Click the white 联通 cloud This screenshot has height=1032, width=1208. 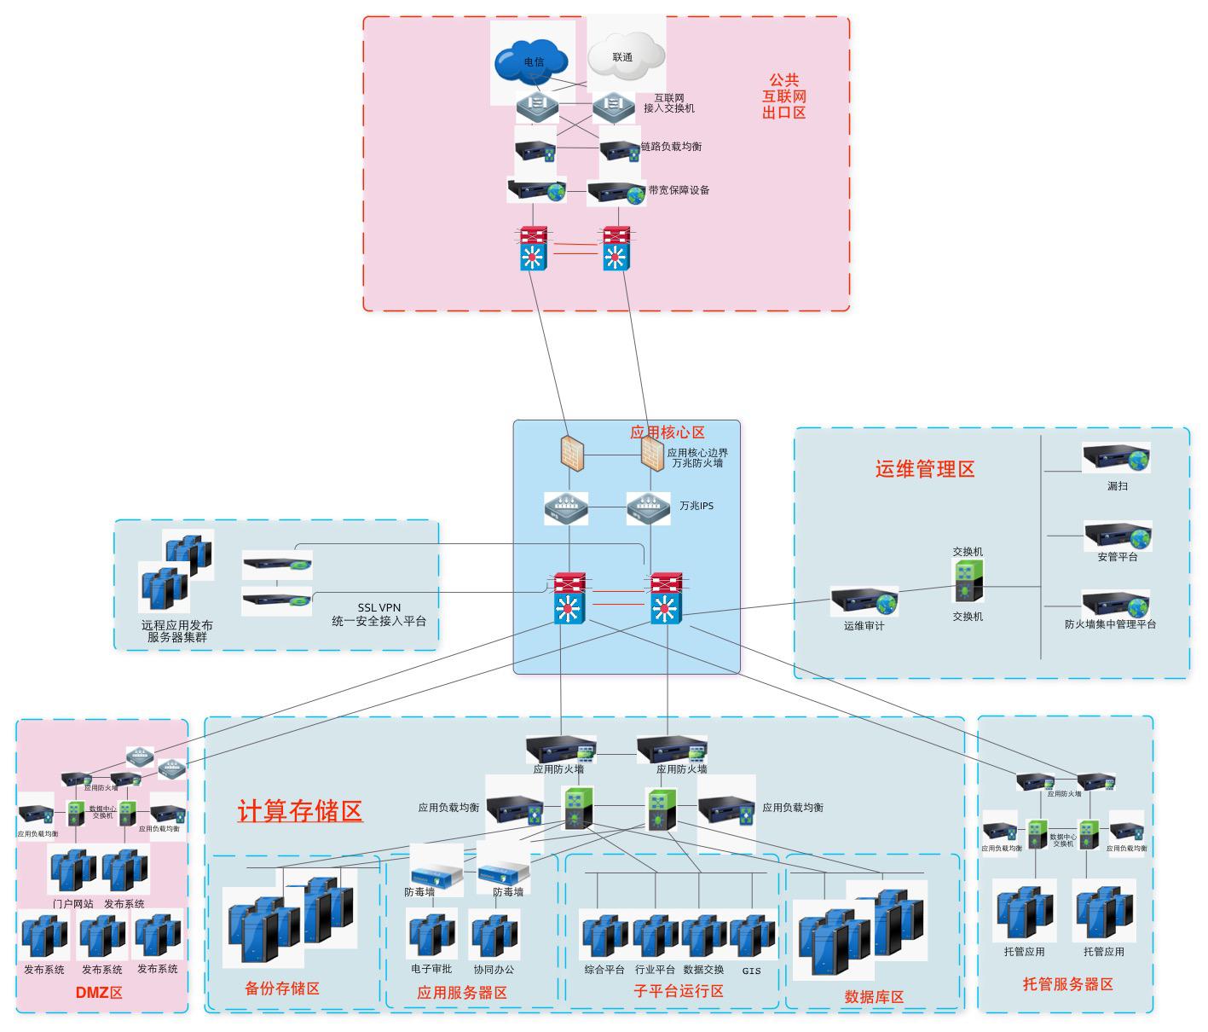point(625,57)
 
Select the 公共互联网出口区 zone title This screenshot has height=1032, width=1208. point(783,96)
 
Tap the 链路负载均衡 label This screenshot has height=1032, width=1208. point(671,147)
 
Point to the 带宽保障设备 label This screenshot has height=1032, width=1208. point(679,190)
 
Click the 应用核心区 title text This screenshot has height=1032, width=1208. point(667,432)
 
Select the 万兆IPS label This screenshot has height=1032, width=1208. point(696,506)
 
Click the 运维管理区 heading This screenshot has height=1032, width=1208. point(925,469)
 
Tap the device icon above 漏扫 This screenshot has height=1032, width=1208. point(1116,459)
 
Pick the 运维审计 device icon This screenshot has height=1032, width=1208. point(864,602)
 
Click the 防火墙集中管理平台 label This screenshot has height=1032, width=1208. point(1110,624)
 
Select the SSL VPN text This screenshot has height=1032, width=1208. point(379,608)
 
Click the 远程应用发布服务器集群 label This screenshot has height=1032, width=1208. point(177,630)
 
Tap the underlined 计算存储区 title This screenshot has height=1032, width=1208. point(300,811)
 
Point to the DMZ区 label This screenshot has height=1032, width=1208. point(99,993)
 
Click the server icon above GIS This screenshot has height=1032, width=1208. point(752,937)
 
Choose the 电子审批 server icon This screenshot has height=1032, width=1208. point(431,935)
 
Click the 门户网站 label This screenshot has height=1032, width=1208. point(72,904)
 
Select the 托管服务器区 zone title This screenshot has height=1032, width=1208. point(1067,984)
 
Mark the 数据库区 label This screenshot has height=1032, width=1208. point(874,997)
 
